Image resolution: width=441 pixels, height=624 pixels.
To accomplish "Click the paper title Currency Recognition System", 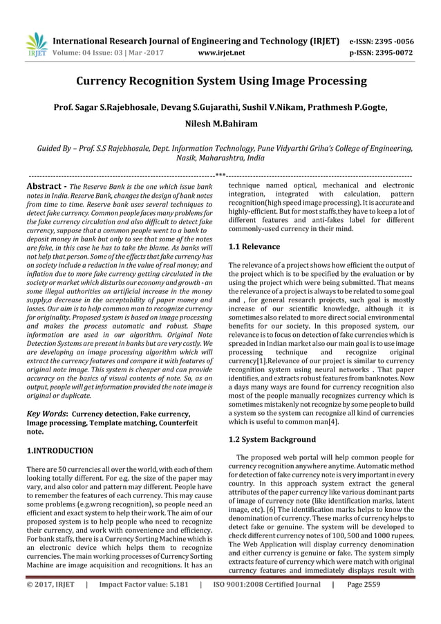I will click(220, 82).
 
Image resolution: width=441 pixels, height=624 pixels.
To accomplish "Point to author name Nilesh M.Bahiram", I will click(220, 123).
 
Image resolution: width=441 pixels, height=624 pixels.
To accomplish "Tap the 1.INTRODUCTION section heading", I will click(59, 450).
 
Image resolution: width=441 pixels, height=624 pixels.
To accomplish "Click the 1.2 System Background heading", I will click(272, 439).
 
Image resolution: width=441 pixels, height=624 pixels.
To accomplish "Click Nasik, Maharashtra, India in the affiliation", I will click(220, 158).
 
